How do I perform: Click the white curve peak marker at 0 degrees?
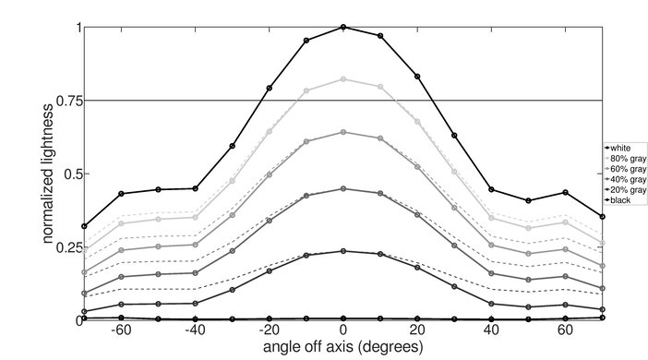pos(343,28)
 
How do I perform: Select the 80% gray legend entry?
pos(628,158)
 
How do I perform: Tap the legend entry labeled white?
pos(623,148)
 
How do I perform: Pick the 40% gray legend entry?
pos(628,179)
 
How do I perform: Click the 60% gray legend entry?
pos(628,169)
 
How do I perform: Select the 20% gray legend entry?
pos(628,190)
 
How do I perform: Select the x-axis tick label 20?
pos(417,330)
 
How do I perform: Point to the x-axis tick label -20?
pos(268,330)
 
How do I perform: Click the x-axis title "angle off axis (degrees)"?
pos(342,348)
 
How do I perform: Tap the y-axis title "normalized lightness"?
pos(47,174)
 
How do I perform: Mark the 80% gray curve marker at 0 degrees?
pos(343,79)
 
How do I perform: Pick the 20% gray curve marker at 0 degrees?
pos(343,251)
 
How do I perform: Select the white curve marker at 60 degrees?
pos(565,193)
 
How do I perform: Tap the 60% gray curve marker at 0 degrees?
pos(343,132)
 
